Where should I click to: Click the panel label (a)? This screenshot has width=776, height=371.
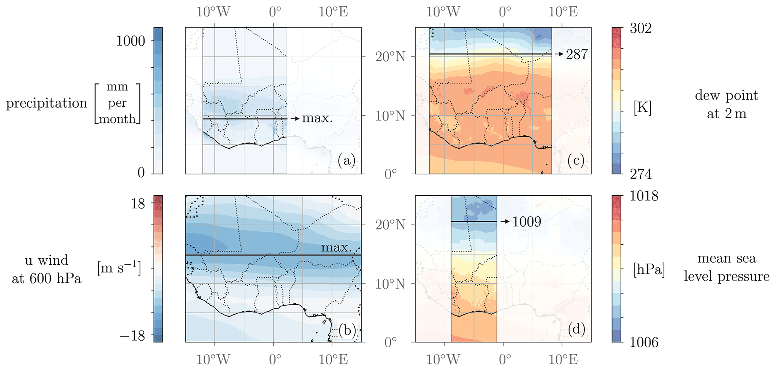point(346,161)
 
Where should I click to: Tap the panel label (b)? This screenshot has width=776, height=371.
point(347,330)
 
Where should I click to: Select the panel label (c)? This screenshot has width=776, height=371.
point(576,161)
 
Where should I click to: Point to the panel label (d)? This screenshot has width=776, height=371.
point(576,329)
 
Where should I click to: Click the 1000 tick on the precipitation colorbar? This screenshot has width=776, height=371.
point(130,41)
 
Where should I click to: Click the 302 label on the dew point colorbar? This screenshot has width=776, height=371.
point(640,28)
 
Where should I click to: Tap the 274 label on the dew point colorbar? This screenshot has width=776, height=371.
point(640,174)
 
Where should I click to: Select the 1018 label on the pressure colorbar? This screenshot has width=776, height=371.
point(644,196)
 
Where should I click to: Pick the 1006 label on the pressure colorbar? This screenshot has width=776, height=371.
point(644,342)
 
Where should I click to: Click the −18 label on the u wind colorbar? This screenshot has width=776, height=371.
point(133,336)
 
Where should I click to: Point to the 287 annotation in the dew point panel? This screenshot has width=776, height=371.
point(577,54)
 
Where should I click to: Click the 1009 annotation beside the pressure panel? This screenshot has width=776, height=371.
point(527,222)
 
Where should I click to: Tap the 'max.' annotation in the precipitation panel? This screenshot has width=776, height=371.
point(317,118)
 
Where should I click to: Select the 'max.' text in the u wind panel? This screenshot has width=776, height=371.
point(336,247)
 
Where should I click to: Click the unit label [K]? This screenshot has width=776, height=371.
point(642,108)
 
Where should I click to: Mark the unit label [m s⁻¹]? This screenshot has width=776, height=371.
point(119,269)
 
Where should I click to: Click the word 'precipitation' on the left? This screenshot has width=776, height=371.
point(47,103)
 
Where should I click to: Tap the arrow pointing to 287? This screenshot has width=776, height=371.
point(559,54)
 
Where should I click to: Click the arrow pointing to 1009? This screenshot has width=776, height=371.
point(505,222)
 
